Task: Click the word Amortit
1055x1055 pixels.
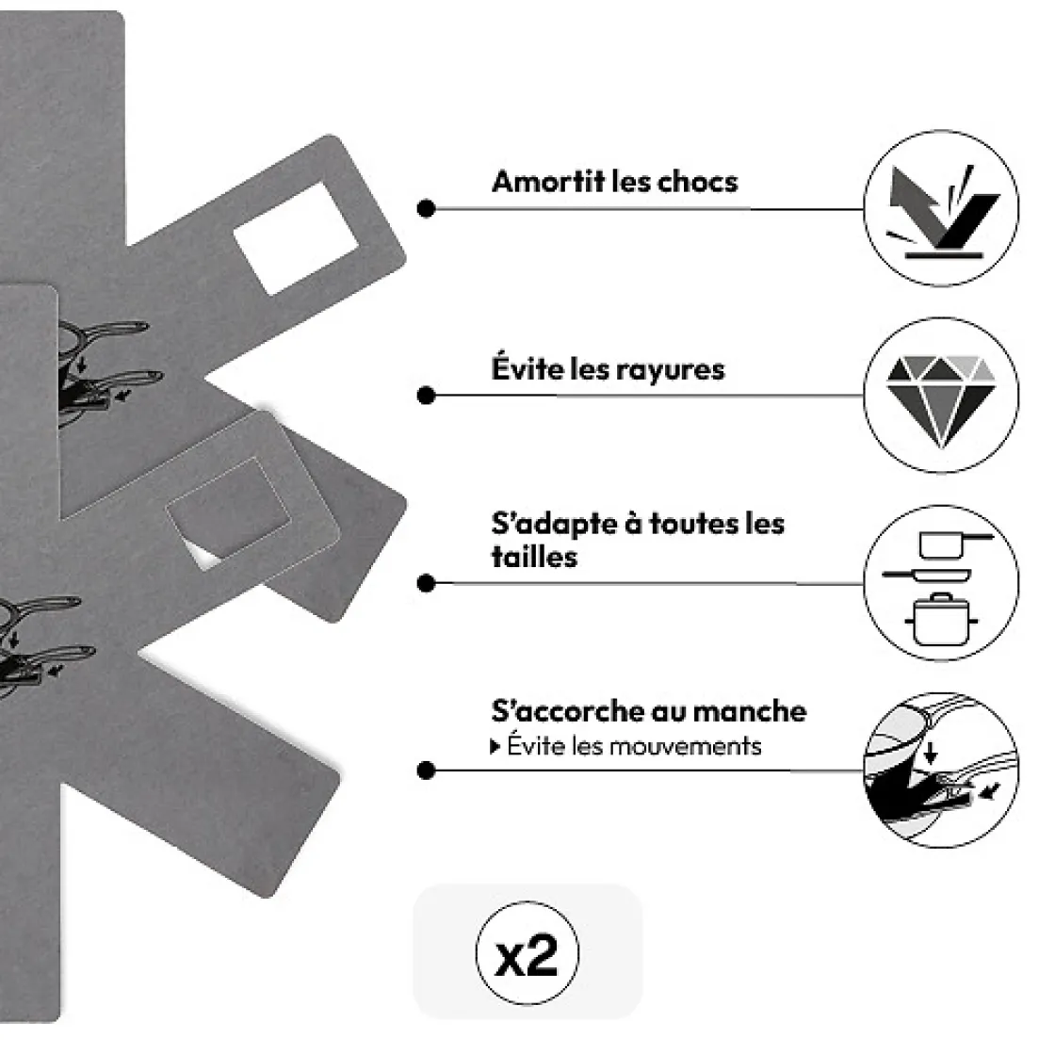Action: point(547,182)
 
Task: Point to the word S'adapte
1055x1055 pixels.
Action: point(554,524)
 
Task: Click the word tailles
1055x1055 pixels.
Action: point(534,557)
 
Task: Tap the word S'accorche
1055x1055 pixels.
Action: point(570,711)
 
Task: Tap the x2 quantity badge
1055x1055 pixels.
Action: point(527,953)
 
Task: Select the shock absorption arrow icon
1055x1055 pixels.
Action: point(942,211)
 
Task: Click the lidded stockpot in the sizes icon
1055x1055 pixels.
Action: point(941,619)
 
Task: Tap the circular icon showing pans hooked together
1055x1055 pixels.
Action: point(941,770)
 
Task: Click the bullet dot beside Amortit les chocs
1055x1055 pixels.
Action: point(426,208)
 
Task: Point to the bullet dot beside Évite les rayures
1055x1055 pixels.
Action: point(426,396)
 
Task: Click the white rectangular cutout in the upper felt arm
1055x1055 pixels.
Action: point(296,239)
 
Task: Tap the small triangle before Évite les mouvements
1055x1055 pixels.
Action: point(495,747)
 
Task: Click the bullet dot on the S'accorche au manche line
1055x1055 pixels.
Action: point(426,771)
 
